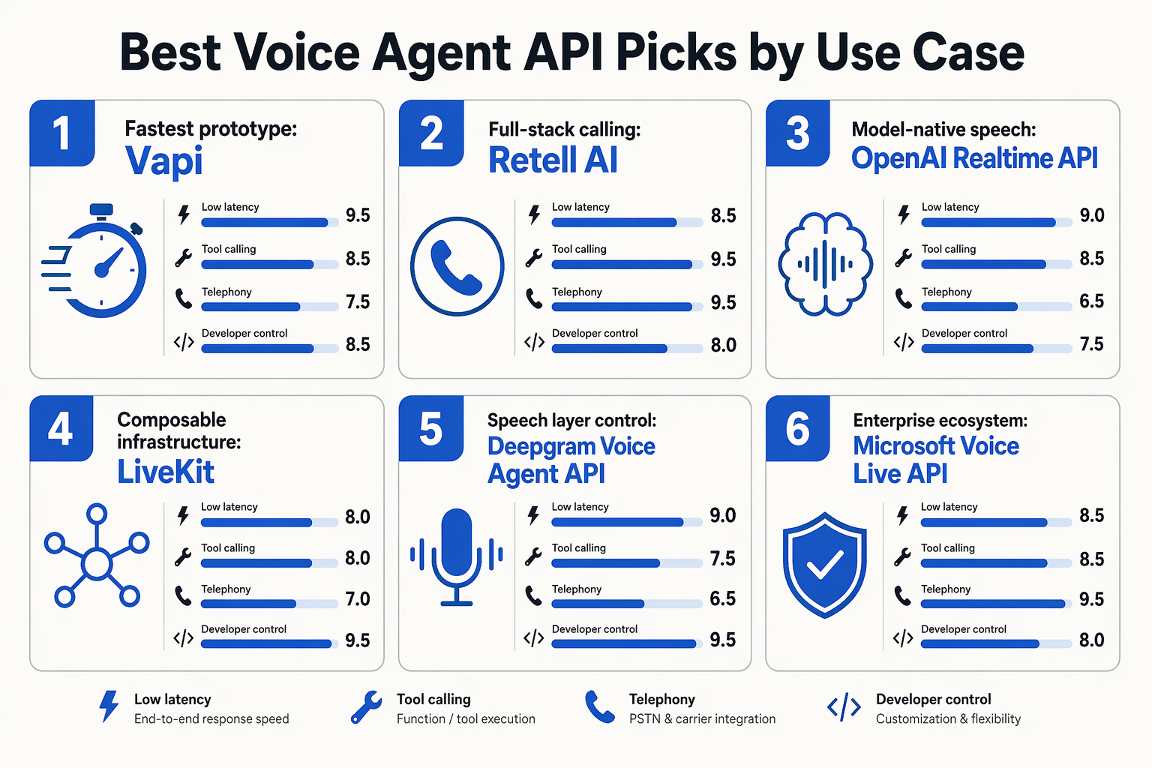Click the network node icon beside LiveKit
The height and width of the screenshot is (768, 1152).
[97, 555]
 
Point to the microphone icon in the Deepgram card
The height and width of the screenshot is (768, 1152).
[456, 556]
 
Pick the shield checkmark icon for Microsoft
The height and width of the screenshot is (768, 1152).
[824, 565]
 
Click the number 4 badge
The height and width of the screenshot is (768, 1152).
[61, 428]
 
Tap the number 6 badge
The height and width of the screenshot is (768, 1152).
[798, 428]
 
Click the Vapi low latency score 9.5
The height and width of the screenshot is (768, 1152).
[358, 215]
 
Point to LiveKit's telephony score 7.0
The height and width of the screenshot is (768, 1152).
[358, 598]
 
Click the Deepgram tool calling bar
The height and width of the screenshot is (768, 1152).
[627, 563]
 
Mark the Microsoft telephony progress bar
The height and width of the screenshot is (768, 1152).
[997, 604]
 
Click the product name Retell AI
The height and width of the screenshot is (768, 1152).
[553, 160]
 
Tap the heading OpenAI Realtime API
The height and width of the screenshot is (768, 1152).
[974, 158]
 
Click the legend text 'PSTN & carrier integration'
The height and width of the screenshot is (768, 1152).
[702, 718]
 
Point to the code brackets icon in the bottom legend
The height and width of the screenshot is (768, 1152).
[844, 708]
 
